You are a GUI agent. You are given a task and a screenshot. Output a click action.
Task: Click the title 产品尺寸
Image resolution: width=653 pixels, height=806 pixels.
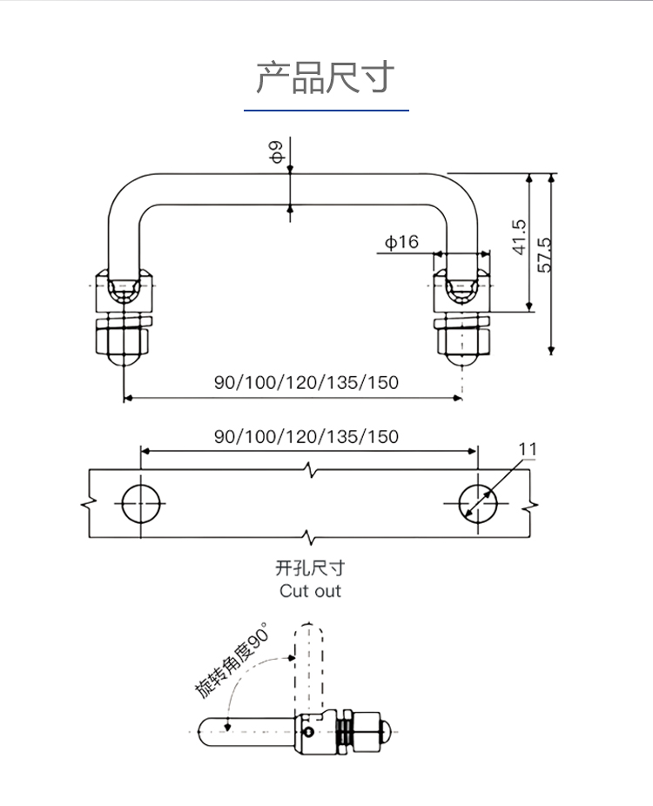point(326,77)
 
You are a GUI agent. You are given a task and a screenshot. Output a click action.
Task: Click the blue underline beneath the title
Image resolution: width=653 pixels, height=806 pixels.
point(326,111)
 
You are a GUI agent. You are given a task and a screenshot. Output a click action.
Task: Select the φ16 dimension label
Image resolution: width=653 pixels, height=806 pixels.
point(401,242)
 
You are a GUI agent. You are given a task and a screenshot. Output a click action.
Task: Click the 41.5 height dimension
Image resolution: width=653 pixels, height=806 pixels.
point(519,237)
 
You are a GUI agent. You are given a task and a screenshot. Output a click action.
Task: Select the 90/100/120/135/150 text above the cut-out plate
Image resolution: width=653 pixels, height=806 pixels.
point(306,435)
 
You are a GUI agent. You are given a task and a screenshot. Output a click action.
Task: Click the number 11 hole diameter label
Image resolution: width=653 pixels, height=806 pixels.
point(528,449)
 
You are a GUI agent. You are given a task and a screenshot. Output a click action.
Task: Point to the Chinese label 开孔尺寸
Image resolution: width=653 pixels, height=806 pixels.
point(310,568)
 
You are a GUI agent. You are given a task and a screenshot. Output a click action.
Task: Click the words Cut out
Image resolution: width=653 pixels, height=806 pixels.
point(310,591)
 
